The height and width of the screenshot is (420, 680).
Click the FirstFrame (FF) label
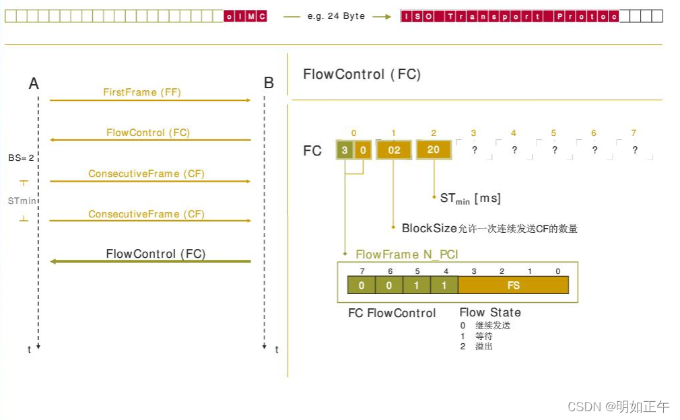coord(142,92)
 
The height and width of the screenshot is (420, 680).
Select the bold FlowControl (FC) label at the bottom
coord(156,254)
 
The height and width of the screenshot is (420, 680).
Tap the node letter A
coord(34,83)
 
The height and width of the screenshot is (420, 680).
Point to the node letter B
coord(269,83)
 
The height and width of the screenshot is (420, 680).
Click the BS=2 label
coord(21,157)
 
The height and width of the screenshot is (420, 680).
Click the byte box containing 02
coord(394,150)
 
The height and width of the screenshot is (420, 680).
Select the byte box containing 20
coord(434,149)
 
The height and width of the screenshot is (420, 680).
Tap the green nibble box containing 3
coord(345,150)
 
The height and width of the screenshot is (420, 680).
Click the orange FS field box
coord(513,285)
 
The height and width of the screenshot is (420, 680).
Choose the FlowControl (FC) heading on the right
coord(362,74)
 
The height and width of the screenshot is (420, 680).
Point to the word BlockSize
coord(429,228)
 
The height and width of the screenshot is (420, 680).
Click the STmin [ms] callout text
coord(470,199)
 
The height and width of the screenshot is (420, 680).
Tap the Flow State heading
coord(489,312)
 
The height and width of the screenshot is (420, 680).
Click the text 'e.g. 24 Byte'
coord(336,16)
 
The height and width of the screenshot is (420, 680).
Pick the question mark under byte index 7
coord(634,150)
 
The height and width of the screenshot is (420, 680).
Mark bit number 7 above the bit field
coord(361,271)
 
